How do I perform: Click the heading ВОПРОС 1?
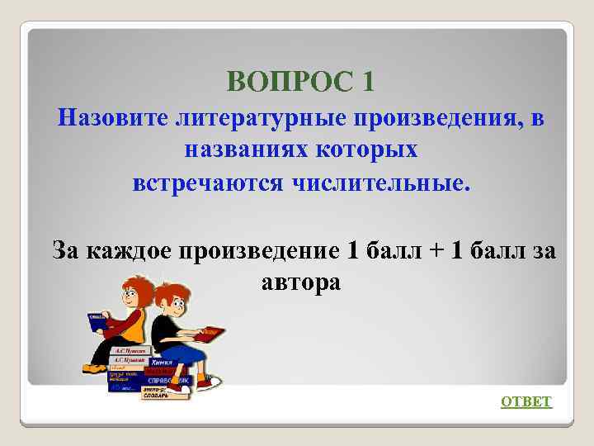click(x=300, y=81)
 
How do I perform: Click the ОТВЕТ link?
click(x=526, y=401)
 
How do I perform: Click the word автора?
click(x=300, y=282)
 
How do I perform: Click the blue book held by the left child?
click(x=101, y=324)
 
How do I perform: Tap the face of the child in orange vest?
click(x=132, y=291)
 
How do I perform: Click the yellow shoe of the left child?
click(x=93, y=368)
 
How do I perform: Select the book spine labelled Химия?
click(x=162, y=361)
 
